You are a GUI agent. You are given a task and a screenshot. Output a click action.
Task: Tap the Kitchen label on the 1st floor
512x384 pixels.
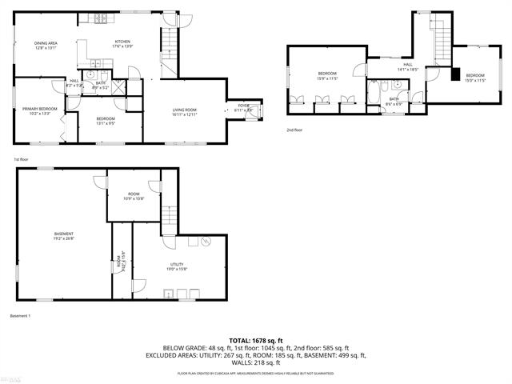pos(122,43)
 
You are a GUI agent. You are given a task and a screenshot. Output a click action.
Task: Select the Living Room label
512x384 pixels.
pos(184,112)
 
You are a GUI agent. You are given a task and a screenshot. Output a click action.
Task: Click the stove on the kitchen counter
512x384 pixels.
pos(102,18)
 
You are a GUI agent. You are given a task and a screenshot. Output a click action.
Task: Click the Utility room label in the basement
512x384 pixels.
pos(177,266)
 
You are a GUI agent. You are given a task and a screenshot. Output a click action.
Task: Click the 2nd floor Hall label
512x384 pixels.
pos(407,67)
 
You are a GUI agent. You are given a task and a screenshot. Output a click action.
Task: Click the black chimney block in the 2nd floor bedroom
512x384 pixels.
pos(454,76)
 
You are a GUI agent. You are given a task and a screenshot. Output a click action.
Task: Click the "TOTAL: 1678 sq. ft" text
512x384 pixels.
pos(255,341)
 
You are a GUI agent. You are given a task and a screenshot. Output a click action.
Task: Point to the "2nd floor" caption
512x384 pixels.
pos(294,129)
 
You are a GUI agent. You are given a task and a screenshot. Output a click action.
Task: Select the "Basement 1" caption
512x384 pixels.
pos(21,316)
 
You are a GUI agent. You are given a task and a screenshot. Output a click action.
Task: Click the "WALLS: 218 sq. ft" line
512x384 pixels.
pos(255,362)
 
